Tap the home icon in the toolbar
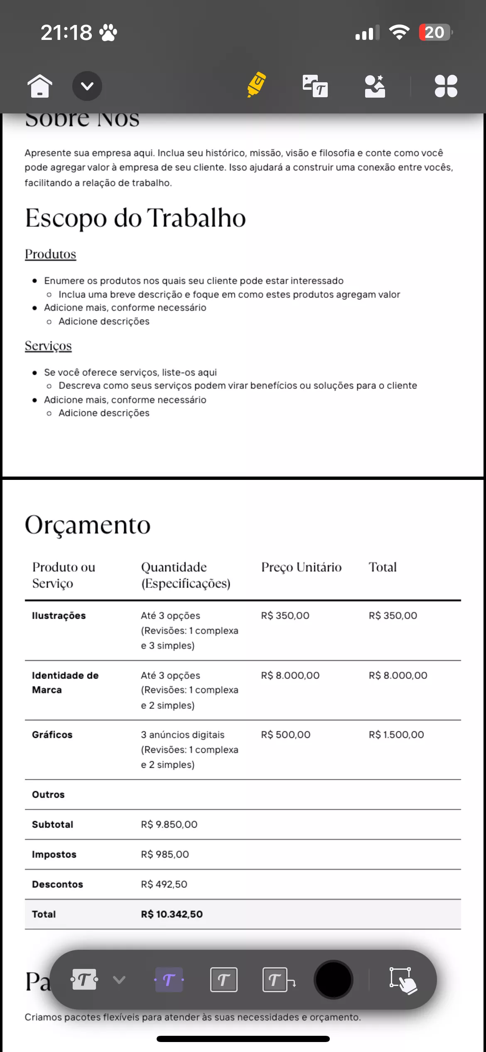40,86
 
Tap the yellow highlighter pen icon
257,84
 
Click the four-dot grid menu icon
446,86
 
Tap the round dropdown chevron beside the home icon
87,86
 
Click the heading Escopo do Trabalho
135,218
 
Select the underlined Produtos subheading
50,254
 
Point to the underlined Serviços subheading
48,346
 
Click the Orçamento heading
88,525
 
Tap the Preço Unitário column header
301,567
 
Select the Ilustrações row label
59,615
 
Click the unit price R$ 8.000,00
290,675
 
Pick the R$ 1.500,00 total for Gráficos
396,735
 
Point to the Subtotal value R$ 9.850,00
169,824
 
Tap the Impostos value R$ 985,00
165,854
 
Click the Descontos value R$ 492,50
164,884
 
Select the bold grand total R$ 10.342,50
172,914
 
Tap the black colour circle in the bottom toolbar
333,980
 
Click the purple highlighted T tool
169,980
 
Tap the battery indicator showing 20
435,32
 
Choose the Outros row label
48,794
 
